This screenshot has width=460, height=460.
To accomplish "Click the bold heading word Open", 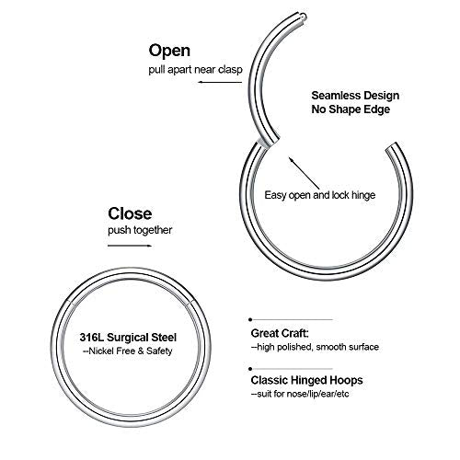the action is [x=169, y=52].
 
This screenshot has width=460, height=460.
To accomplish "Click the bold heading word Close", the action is [x=130, y=213].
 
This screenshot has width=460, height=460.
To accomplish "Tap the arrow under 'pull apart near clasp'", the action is [x=220, y=82].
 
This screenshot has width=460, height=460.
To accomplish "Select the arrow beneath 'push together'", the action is [x=130, y=246].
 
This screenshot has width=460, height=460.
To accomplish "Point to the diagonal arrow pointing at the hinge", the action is [x=305, y=174].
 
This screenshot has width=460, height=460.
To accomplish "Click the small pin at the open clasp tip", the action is [x=303, y=16].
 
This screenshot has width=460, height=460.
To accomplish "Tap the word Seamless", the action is [x=333, y=96].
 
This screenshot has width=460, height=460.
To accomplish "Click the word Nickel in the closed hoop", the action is [x=101, y=351].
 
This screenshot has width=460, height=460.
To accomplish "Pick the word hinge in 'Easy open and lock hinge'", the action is [x=363, y=195].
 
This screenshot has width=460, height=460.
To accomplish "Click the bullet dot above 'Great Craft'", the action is [x=250, y=319].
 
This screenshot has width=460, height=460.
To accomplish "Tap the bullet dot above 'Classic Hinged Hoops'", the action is [x=250, y=369].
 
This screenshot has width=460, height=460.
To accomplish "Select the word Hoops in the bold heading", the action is [x=346, y=381].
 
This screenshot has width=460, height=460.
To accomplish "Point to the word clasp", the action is [x=230, y=70].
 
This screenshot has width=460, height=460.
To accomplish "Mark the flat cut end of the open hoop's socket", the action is [x=391, y=146].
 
